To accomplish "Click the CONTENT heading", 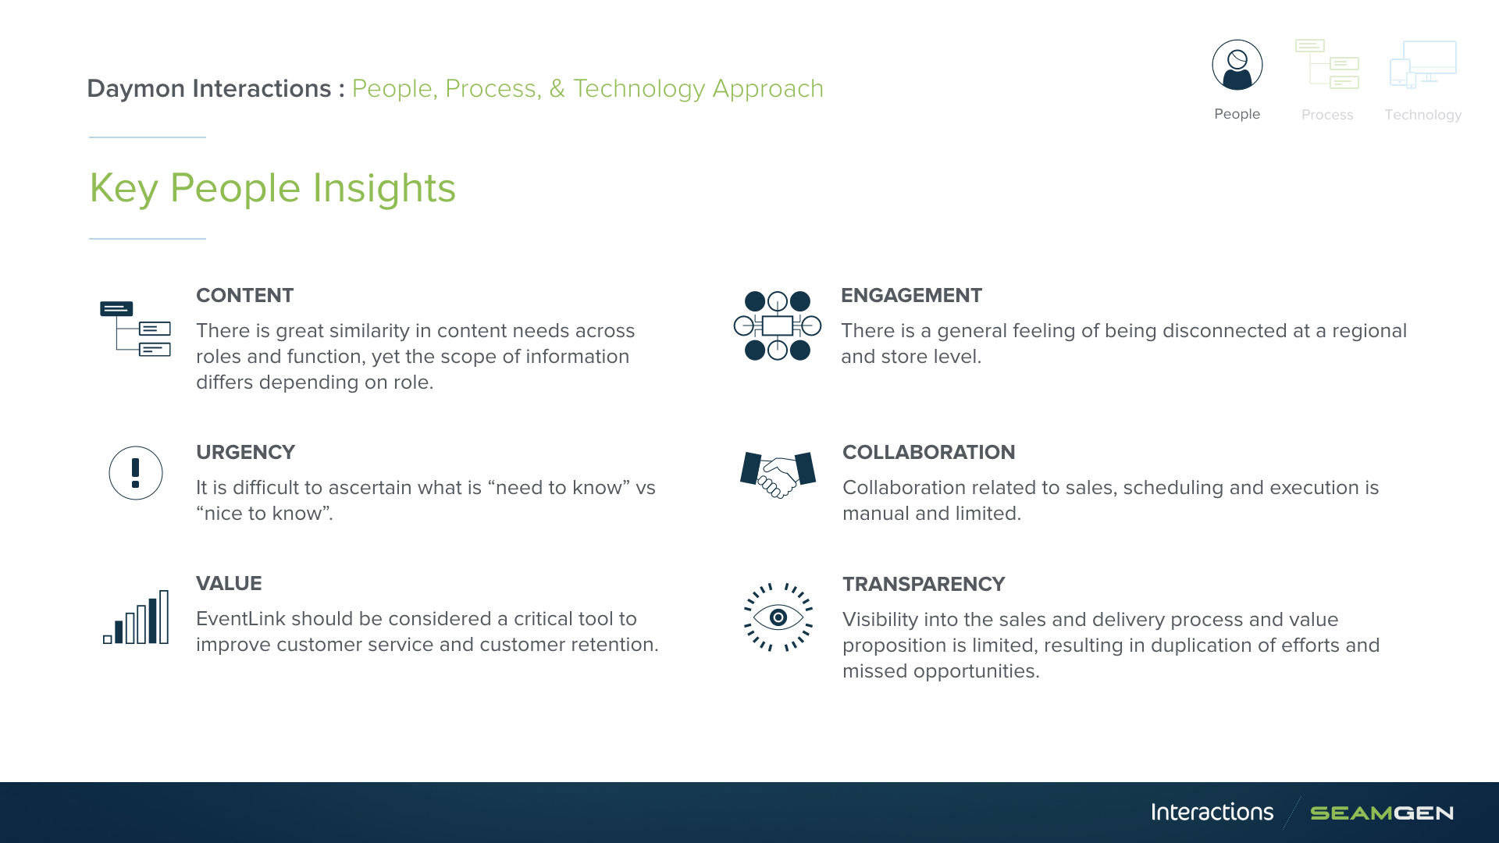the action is [x=244, y=295].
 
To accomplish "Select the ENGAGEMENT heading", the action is [x=911, y=295].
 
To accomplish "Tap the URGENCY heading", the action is [x=245, y=452].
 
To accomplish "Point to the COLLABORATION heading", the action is [x=928, y=452].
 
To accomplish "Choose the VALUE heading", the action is [x=229, y=583].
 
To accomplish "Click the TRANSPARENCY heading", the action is [x=924, y=584].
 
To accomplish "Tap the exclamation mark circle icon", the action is [x=136, y=473].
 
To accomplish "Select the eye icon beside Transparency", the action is [x=778, y=617].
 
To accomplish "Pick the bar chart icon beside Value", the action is [x=136, y=617].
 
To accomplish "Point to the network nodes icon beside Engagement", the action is [x=778, y=325].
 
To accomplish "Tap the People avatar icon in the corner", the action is [x=1237, y=65].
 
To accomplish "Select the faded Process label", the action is [x=1327, y=115].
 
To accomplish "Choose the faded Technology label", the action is [x=1423, y=115].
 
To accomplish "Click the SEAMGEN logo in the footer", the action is [x=1382, y=813].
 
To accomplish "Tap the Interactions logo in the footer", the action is [x=1212, y=813].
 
